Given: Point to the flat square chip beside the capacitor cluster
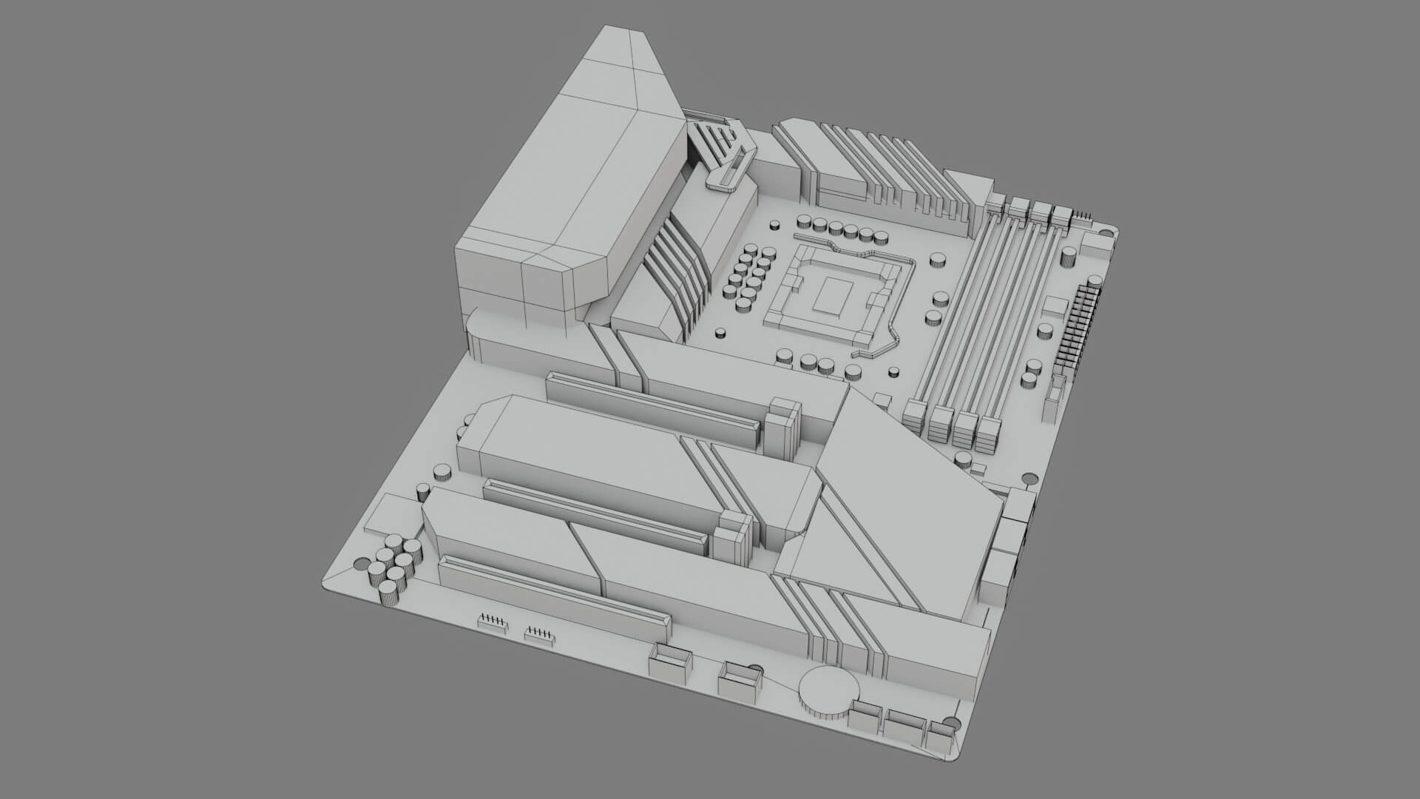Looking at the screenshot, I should (x=392, y=514).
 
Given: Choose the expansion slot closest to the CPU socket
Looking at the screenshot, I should (x=654, y=407).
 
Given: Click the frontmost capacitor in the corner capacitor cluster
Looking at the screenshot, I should (x=388, y=592).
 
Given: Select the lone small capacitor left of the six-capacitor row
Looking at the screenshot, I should (x=775, y=224).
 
